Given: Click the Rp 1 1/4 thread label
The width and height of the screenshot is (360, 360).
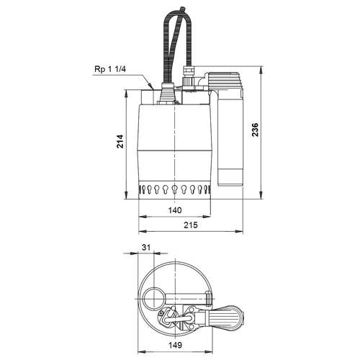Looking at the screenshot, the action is (110, 69).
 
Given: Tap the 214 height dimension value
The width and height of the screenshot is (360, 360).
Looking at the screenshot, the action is (120, 142).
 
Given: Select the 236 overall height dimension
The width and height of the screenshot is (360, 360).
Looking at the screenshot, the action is (255, 130).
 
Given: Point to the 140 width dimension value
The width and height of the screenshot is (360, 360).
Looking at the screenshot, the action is (175, 210).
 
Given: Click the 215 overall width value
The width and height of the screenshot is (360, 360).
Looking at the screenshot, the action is (191, 225).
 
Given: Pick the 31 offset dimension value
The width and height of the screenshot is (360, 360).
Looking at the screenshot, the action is (145, 247).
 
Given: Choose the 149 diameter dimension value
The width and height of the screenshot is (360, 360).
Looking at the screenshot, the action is (175, 345).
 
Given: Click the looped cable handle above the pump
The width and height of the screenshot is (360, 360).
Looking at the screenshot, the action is (177, 45).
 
